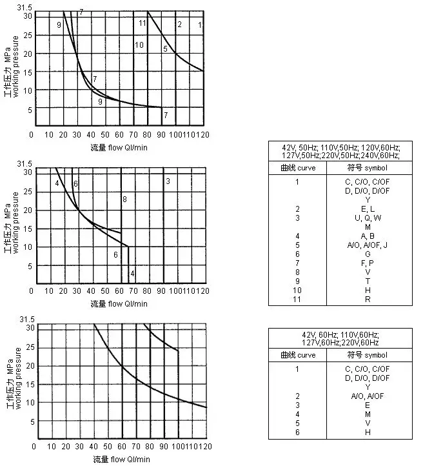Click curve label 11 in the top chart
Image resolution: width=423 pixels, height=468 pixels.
[142, 24]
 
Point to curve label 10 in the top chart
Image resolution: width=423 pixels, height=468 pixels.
[139, 45]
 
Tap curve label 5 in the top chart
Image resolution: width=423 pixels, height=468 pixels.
[165, 49]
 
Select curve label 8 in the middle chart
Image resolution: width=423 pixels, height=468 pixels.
[124, 198]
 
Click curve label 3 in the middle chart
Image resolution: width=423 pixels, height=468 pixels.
[168, 181]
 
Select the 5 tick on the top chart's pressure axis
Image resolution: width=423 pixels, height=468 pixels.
[29, 110]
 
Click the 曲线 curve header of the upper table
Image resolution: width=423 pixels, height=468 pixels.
[298, 168]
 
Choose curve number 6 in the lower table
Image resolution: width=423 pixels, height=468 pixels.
[298, 432]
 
